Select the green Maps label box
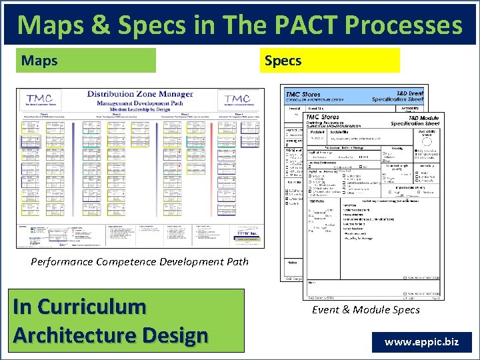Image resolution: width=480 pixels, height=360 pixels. click(86, 61)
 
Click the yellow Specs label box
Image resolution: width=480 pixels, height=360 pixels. click(329, 61)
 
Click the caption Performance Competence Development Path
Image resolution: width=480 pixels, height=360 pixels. click(139, 261)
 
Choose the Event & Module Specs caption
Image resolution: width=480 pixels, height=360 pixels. click(366, 309)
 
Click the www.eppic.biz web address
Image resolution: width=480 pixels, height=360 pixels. click(421, 342)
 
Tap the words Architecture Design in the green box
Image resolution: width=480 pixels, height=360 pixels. click(110, 335)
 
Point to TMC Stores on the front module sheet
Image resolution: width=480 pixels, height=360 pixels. click(324, 117)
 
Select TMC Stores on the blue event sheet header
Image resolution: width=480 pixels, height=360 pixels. click(303, 95)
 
